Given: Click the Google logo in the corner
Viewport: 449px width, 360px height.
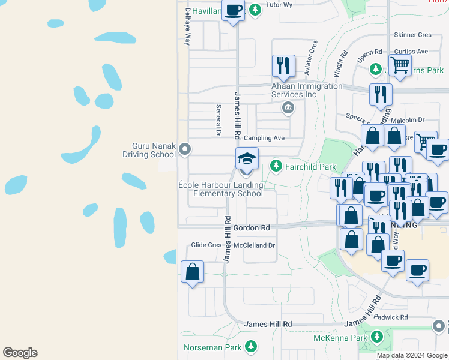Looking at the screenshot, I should tap(20, 353).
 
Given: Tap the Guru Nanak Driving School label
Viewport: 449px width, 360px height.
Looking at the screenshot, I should tap(154, 150).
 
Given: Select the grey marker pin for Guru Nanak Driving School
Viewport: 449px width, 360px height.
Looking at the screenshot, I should tap(185, 149).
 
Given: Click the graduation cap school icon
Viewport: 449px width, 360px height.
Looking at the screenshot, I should tap(247, 158).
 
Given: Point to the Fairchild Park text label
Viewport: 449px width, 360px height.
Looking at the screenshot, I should tap(311, 167).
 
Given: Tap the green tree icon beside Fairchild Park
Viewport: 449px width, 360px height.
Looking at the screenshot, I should tap(276, 165).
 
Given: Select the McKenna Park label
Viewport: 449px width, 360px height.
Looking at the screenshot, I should tap(340, 338).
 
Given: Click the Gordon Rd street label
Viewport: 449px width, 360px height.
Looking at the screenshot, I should tap(252, 228).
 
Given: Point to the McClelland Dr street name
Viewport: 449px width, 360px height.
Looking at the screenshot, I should tap(255, 245).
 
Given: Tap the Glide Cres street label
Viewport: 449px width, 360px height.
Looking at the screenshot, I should tap(206, 245).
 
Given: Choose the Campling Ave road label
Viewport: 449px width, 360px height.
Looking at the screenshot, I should tap(264, 138).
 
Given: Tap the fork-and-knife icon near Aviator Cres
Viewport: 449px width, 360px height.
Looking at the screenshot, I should tap(283, 65).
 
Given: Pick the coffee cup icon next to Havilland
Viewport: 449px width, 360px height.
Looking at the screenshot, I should tap(233, 11).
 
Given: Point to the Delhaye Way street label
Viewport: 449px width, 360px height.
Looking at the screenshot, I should tap(187, 28).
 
